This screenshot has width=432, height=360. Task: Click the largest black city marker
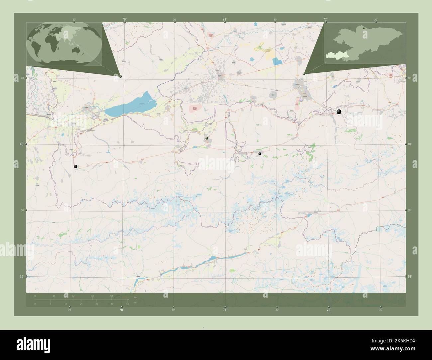339,112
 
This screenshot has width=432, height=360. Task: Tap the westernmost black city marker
76,167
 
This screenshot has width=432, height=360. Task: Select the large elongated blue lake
130,104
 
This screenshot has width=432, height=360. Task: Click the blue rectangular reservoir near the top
276,61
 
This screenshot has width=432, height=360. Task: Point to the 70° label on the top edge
124,20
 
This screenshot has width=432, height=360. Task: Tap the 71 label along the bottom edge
225,310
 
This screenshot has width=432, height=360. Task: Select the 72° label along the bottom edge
328,310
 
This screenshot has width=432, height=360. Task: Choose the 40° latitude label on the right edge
410,144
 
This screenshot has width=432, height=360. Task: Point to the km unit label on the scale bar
135,297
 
